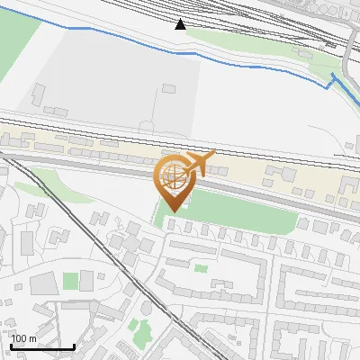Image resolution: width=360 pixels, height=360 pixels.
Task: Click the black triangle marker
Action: [x=181, y=24]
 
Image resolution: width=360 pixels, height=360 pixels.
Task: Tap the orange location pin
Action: [x=173, y=180]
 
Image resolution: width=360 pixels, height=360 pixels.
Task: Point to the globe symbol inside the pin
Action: [x=171, y=174]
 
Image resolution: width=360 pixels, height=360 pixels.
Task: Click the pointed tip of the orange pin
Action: [x=171, y=211]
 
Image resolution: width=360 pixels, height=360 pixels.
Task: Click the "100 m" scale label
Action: [x=23, y=338]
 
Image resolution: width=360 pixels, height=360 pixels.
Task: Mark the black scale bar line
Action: [x=41, y=346]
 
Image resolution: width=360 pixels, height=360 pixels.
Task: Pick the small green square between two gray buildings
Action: [x=70, y=282]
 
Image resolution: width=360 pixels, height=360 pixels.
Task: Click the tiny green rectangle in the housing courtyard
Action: [x=200, y=267]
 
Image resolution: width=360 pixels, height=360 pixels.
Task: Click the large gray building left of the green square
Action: [x=45, y=283]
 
